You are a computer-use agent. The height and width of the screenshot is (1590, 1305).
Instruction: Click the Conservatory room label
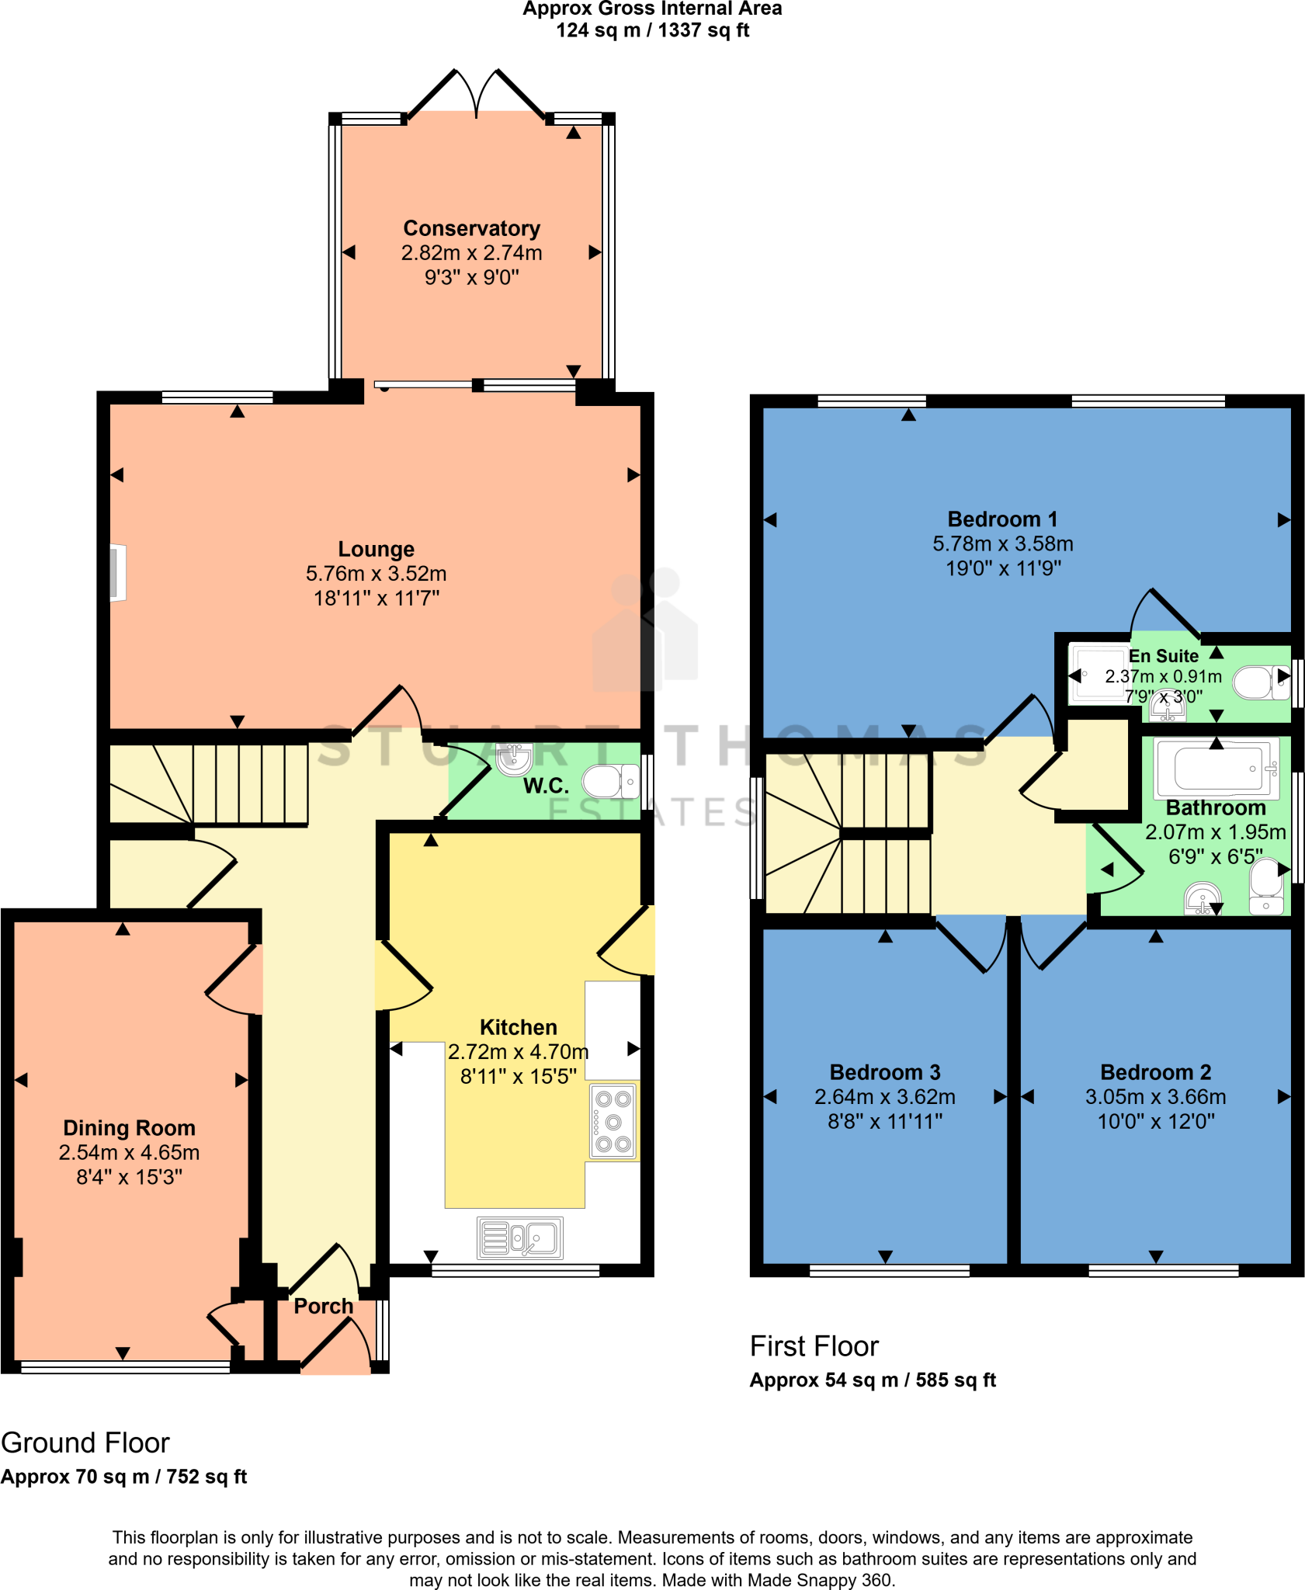(471, 228)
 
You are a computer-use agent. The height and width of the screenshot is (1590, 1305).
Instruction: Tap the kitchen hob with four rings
(613, 1121)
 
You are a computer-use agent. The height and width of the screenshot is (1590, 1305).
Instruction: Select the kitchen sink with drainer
(519, 1238)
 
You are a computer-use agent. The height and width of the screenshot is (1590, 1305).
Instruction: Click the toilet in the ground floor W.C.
(610, 782)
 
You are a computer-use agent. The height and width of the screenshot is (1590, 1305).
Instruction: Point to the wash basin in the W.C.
(514, 759)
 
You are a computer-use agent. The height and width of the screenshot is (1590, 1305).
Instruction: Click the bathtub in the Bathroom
(1216, 767)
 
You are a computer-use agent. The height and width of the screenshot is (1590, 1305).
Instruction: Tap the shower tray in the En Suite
(1098, 675)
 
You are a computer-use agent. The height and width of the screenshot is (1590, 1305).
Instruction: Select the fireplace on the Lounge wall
(117, 573)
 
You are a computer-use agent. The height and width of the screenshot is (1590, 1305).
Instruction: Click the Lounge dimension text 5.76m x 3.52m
(376, 574)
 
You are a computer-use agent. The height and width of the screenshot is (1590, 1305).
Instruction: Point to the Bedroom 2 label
(1155, 1072)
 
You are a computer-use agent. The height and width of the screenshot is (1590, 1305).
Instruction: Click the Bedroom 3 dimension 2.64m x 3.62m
(884, 1097)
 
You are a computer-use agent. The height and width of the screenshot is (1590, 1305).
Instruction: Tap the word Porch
(323, 1307)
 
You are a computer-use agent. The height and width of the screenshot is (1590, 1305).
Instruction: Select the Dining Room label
(129, 1128)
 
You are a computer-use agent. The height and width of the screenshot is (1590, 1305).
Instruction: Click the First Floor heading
(814, 1346)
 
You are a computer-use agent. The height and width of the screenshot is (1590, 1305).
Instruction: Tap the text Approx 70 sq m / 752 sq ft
(123, 1477)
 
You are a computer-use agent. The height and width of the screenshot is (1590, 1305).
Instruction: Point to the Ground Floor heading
(85, 1443)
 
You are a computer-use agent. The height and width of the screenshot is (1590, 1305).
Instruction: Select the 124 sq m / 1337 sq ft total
(652, 31)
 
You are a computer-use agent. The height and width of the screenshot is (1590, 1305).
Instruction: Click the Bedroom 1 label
(1002, 519)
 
